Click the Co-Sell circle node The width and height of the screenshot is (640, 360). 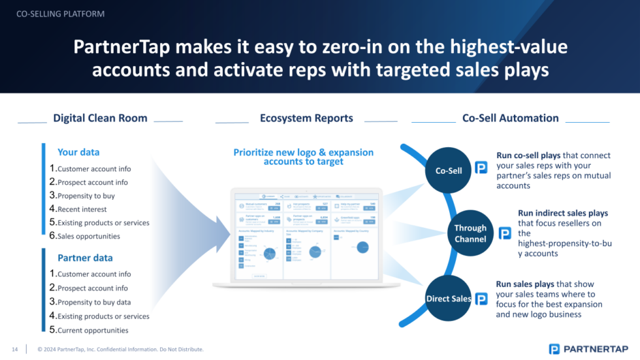tap(449, 171)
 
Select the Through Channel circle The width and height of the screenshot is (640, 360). tap(470, 233)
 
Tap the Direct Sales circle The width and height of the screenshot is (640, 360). tap(449, 299)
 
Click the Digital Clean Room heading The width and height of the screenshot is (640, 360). tap(100, 118)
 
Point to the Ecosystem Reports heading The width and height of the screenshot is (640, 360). tap(306, 118)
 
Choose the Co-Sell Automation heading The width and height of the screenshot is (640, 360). tap(510, 118)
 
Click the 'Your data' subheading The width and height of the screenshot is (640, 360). tap(78, 152)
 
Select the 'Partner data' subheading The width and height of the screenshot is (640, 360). tap(85, 257)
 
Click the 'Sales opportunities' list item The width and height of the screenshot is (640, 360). tap(88, 237)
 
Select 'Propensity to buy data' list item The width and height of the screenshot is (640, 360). tap(93, 303)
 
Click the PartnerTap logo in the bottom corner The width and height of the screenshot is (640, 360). tap(588, 349)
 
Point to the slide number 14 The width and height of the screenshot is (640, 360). tap(14, 349)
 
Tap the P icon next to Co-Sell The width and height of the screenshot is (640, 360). tap(481, 168)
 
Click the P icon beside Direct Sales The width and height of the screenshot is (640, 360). tap(481, 299)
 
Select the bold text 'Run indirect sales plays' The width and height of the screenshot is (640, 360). tap(562, 213)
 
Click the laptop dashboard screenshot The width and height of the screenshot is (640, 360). tap(306, 237)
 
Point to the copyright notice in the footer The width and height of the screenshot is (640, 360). tap(121, 349)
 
